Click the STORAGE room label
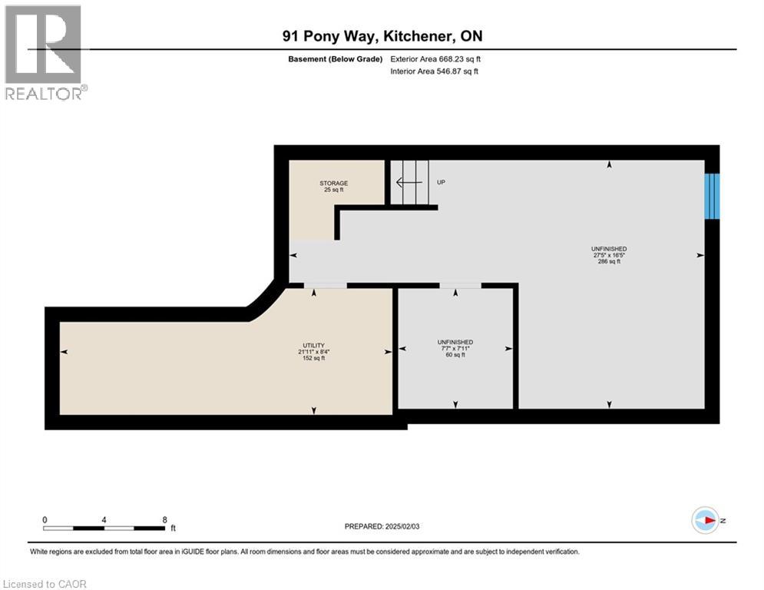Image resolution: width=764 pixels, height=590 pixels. coord(334,183)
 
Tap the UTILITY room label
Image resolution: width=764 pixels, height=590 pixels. coord(312,345)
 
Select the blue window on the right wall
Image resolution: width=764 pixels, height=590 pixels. coord(713,196)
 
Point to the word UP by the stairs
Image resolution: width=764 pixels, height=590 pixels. coord(441,183)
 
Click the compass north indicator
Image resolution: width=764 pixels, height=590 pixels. coord(704,520)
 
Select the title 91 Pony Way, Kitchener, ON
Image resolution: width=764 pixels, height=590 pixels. coord(382,36)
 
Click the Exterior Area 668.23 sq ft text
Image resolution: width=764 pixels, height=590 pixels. coord(435,58)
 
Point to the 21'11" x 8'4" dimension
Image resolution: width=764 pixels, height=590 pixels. coord(313,352)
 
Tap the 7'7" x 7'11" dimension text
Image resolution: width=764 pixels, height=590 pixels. coord(455,348)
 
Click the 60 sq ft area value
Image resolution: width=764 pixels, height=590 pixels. coord(455,355)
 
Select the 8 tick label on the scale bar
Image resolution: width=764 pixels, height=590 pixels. coord(165,519)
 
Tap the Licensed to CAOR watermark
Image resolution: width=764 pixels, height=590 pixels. coord(45,584)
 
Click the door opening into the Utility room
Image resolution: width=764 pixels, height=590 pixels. coord(325,286)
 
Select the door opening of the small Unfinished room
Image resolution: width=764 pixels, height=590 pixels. coord(460,286)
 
